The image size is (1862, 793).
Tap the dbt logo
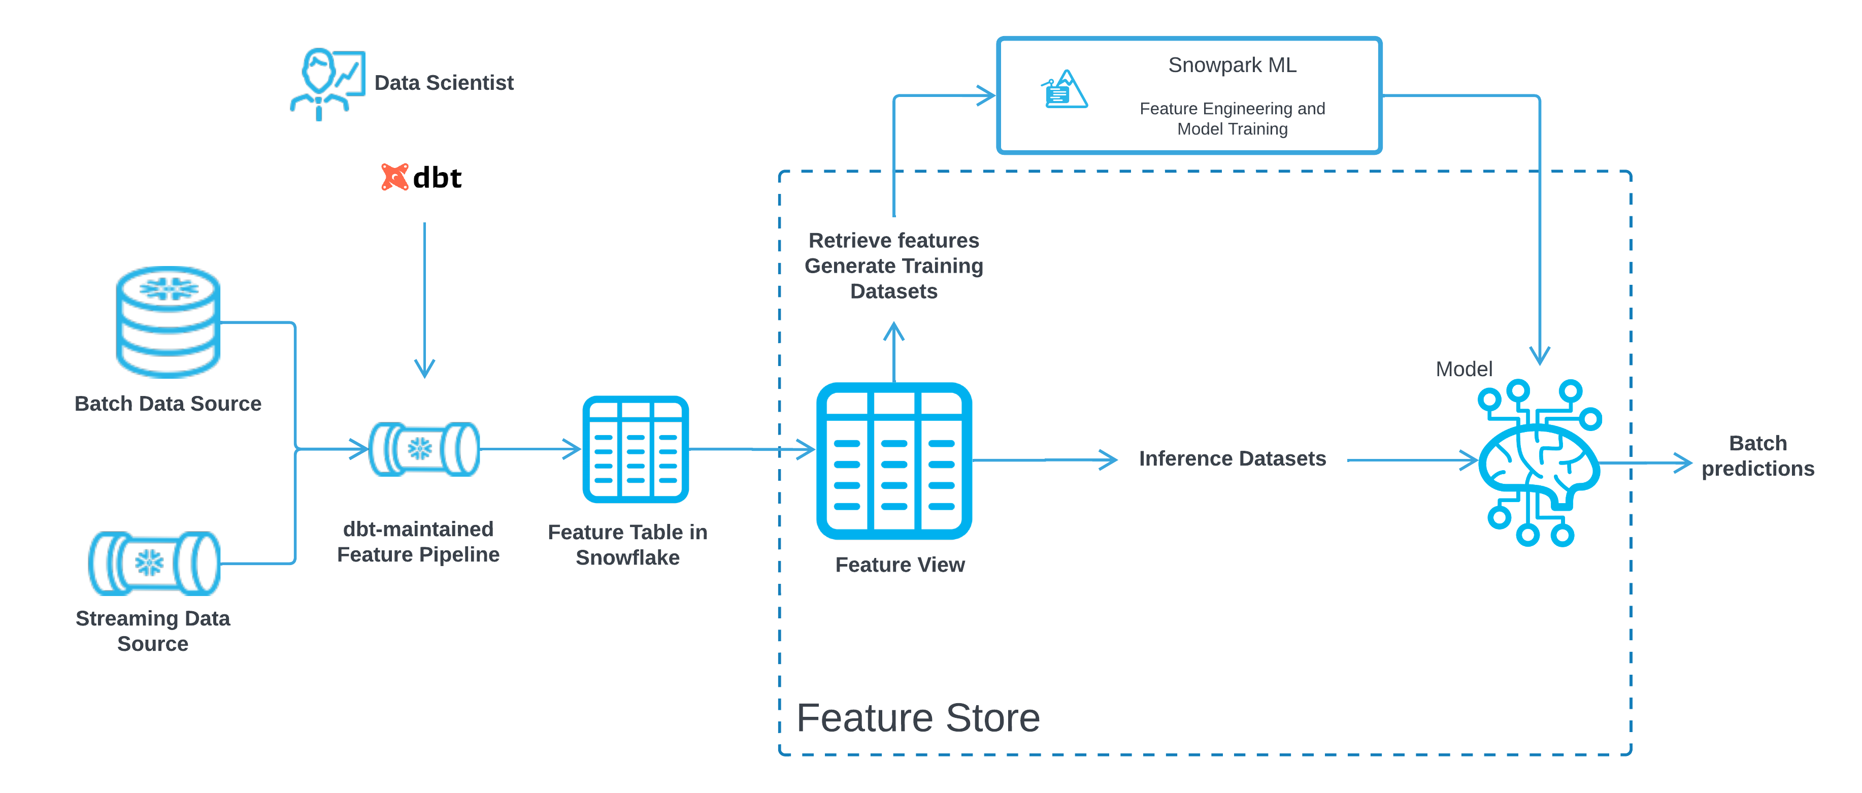pos(421,177)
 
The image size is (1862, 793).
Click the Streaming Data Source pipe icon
pos(153,563)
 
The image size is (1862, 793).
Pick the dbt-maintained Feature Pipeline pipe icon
pos(423,449)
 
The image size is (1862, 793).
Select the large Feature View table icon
pos(893,460)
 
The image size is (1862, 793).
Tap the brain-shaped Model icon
pos(1538,462)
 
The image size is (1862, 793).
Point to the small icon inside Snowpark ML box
pos(1063,90)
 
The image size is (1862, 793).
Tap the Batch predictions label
pos(1757,455)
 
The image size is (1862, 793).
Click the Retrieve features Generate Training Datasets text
pos(893,266)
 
